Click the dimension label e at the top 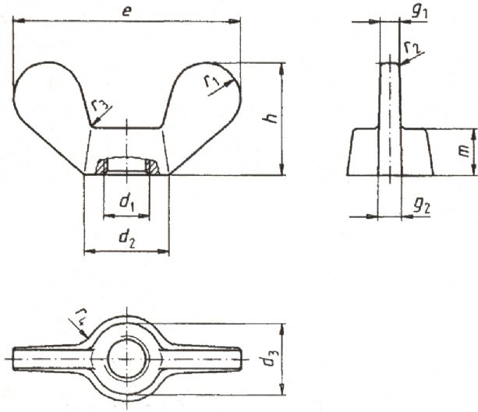click(127, 11)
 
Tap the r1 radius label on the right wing click(211, 81)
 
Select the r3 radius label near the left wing click(100, 105)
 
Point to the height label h click(271, 118)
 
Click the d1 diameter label click(127, 202)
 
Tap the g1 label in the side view click(420, 12)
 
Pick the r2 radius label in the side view click(412, 48)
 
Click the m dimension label click(465, 151)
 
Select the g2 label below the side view click(422, 206)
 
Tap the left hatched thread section click(101, 167)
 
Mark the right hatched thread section click(152, 167)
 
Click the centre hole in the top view click(127, 359)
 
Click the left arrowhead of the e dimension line click(19, 21)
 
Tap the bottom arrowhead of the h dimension click(282, 169)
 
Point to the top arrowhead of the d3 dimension click(282, 329)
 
